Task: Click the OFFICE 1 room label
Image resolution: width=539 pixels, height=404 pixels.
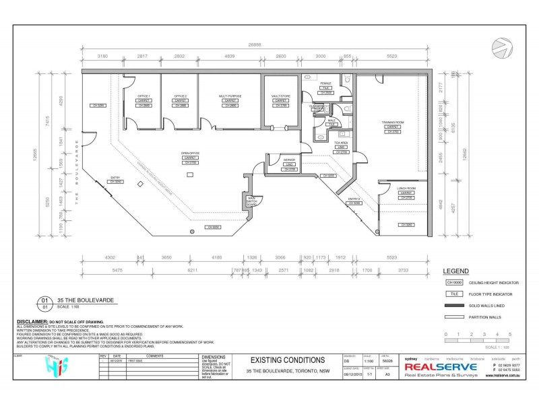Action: pos(144,96)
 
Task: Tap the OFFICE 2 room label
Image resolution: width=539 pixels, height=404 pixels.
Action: pos(180,96)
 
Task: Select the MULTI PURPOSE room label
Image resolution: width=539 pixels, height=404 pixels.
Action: pos(230,96)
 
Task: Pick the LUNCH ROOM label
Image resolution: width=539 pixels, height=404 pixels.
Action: pos(406,188)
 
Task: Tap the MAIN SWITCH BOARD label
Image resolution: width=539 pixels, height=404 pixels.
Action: pos(251,200)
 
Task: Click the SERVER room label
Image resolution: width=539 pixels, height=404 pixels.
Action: pos(290,159)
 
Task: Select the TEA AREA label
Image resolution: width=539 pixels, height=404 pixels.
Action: pos(341,143)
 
